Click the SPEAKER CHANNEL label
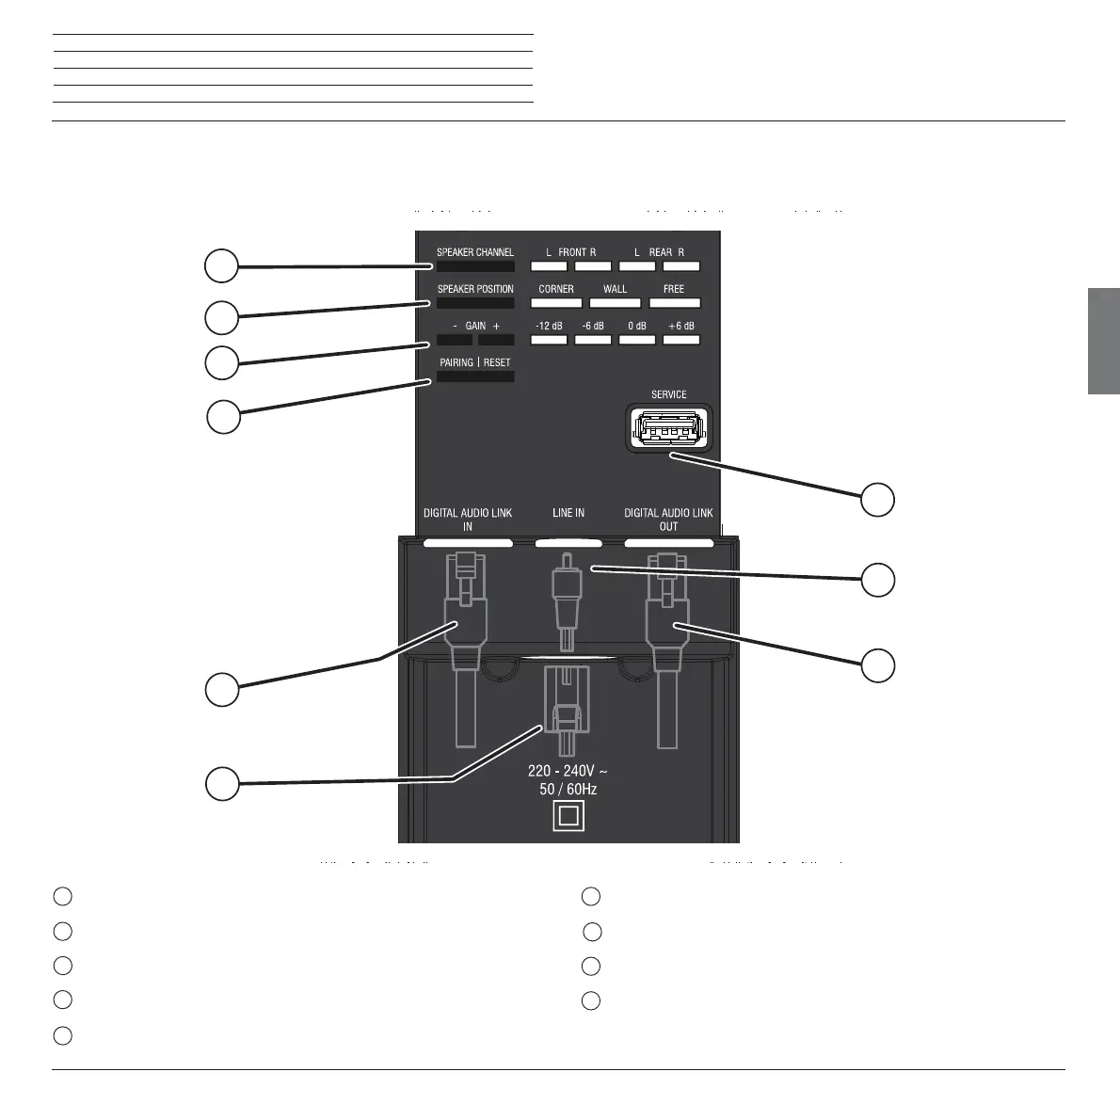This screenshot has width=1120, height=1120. tap(474, 252)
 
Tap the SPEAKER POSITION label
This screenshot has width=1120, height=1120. tap(475, 289)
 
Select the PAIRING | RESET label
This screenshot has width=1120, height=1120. tap(475, 362)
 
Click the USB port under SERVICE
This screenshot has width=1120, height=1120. tap(668, 430)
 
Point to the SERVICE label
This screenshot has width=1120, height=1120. tap(668, 394)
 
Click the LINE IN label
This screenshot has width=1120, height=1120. tap(568, 513)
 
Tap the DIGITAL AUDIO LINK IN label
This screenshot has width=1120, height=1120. tap(468, 520)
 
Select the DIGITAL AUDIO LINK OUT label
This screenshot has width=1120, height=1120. tap(668, 520)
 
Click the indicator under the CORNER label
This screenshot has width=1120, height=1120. tap(556, 303)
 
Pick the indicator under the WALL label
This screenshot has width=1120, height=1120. tap(615, 303)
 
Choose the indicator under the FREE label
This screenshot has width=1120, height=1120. tap(674, 303)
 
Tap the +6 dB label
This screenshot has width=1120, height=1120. tap(680, 326)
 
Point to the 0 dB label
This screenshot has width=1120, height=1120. tap(637, 326)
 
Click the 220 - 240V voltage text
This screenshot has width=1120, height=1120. tap(568, 772)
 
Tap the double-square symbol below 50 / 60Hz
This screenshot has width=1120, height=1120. tap(568, 815)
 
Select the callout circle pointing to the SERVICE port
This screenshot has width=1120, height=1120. tap(879, 500)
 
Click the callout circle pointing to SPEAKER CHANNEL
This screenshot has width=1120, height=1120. tap(221, 266)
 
